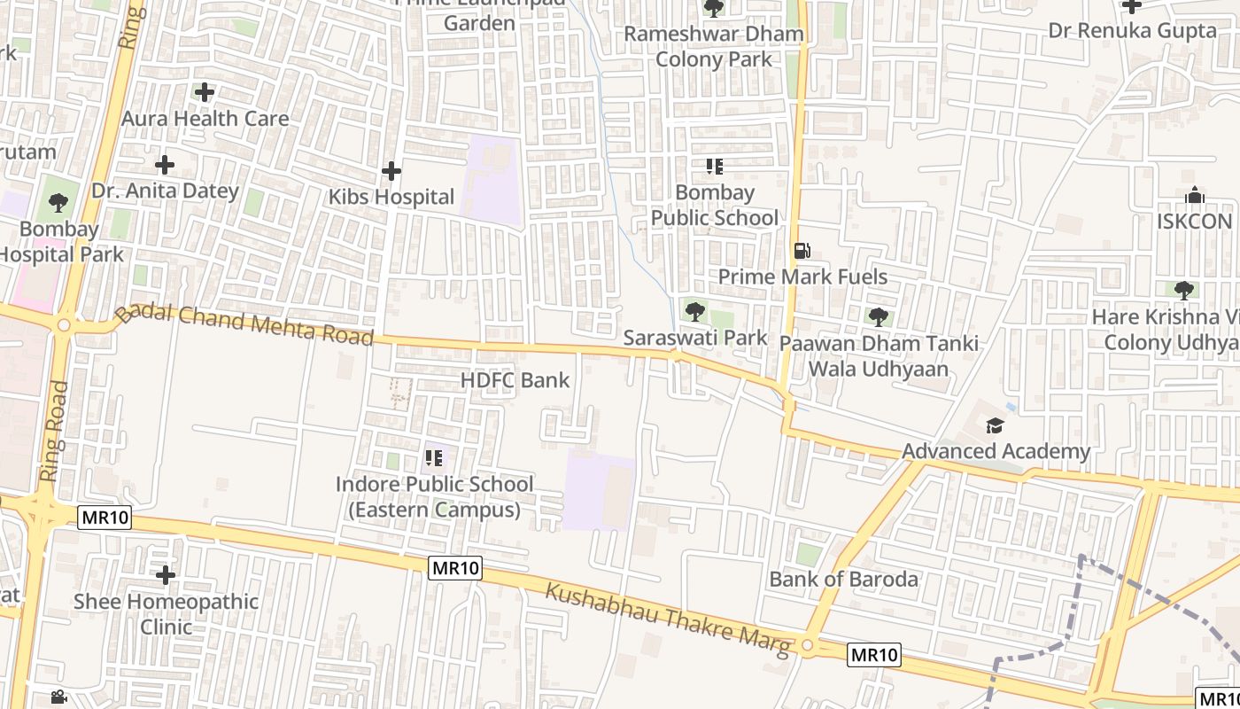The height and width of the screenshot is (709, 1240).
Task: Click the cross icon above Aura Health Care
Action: tap(205, 92)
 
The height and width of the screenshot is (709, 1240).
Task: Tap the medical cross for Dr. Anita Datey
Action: tap(164, 165)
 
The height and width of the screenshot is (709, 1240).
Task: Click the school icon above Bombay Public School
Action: tap(714, 167)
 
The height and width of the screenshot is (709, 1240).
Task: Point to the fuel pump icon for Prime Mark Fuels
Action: tap(802, 251)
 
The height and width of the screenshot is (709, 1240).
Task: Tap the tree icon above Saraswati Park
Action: tap(695, 311)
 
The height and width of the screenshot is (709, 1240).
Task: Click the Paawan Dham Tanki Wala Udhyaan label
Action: tap(879, 355)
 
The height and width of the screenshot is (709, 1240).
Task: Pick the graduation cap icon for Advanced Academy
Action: tap(995, 426)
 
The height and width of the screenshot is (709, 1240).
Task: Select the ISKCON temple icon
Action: tap(1194, 195)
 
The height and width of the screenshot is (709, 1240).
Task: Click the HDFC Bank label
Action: tap(515, 380)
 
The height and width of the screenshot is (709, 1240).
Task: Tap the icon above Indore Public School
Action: tap(433, 458)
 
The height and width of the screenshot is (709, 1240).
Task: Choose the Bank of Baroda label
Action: tap(843, 580)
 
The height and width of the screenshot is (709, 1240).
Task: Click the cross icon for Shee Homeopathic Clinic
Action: tap(165, 576)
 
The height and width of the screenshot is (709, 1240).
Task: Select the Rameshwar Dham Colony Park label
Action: tap(714, 46)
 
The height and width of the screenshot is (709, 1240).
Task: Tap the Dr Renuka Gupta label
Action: tap(1132, 31)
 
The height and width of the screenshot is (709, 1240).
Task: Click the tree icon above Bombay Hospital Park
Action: tap(58, 203)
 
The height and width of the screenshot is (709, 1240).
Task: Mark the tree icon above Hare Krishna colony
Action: tap(1183, 290)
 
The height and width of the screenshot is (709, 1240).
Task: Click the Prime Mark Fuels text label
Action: tap(802, 277)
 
